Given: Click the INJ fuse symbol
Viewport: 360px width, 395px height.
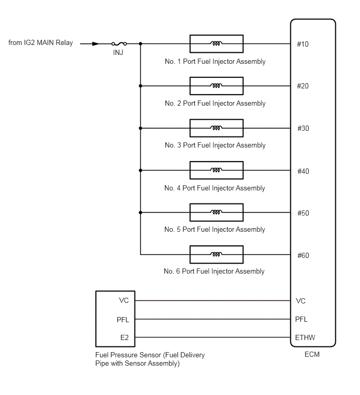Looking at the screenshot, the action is pos(119,44).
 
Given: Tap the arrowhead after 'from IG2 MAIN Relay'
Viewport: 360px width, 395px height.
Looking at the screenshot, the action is pos(96,44).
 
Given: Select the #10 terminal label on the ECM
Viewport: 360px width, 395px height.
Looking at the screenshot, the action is pos(302,44).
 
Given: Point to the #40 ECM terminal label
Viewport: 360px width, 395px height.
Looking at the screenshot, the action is pos(303,171).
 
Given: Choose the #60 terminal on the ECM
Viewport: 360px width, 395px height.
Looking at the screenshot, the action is pos(303,255).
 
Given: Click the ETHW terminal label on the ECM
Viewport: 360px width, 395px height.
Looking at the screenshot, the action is pos(305,337).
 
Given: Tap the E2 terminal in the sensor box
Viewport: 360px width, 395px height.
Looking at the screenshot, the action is pos(125,337).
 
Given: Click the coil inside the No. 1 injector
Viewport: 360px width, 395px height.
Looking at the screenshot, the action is pos(216,43).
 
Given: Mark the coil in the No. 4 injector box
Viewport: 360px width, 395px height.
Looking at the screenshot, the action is pos(216,170).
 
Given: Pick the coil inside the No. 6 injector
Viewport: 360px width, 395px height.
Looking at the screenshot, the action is pos(216,254).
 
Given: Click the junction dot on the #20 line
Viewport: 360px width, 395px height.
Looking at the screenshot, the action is pos(141,86).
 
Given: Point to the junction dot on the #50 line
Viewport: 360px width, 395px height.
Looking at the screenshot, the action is pos(141,212).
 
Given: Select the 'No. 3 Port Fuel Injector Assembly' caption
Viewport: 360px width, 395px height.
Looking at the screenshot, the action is pos(215,145).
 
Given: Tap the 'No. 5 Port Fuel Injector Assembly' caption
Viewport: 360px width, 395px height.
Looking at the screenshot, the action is pos(215,230).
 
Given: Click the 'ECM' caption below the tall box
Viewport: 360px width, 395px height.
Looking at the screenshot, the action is pos(312,354).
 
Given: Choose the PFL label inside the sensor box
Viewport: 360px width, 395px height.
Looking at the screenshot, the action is pos(122,320).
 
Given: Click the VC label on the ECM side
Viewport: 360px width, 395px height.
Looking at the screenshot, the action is pos(300,301).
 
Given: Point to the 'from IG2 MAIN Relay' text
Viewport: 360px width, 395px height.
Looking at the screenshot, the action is pos(41,43).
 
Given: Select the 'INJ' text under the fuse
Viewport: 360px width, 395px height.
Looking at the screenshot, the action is pos(118,52).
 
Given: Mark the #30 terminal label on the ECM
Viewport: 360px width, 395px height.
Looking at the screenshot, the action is pos(303,129).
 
